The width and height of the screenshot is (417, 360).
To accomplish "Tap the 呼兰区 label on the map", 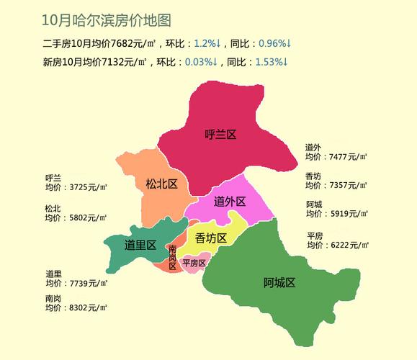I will pyautogui.click(x=220, y=134).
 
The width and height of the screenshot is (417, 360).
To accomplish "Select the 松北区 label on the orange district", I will pyautogui.click(x=161, y=184).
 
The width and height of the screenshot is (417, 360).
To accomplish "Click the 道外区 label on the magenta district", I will pyautogui.click(x=230, y=202).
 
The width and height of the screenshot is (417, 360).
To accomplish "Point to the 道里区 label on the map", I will pyautogui.click(x=140, y=245).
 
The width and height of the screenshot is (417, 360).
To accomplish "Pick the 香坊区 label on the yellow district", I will pyautogui.click(x=211, y=238).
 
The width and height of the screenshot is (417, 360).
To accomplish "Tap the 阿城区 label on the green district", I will pyautogui.click(x=279, y=282).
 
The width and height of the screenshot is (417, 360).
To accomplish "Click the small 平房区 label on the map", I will pyautogui.click(x=194, y=263).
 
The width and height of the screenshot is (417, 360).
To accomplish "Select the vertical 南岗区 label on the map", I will pyautogui.click(x=173, y=257).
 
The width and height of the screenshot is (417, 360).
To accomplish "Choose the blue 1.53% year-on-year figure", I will pyautogui.click(x=272, y=62).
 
